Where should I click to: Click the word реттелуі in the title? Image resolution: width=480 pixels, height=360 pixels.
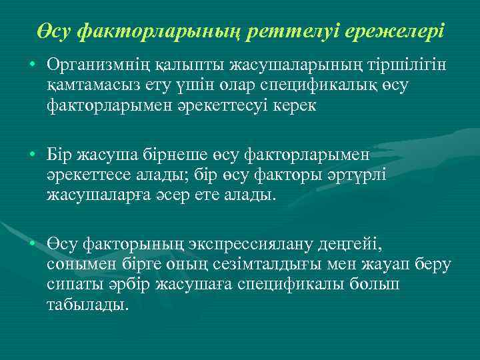tap(312, 31)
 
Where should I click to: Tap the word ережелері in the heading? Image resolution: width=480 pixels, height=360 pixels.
tap(400, 31)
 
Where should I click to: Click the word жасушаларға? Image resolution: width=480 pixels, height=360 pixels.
tap(95, 195)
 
